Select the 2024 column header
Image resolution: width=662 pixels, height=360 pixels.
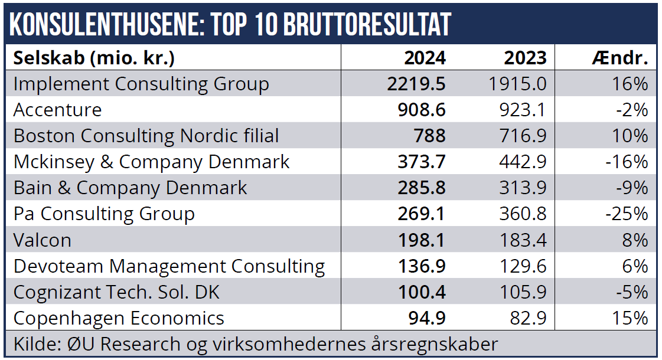point(425,58)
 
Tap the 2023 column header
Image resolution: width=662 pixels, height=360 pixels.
point(525,58)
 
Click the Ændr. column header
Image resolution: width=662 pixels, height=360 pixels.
point(619,58)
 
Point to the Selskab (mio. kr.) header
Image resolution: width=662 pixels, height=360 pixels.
point(94,58)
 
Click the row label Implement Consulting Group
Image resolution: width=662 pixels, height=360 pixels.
point(141,84)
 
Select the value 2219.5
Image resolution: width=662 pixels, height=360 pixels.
point(416,84)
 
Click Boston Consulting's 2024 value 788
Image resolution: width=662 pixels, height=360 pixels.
point(429,136)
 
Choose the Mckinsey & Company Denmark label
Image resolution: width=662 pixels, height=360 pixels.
point(151,162)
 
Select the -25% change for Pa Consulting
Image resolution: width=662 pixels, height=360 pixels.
point(627,214)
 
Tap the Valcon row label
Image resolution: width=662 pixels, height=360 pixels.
point(43,240)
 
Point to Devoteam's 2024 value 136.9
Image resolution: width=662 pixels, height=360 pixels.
point(421,266)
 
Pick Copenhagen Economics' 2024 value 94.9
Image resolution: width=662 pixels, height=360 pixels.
point(426,318)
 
